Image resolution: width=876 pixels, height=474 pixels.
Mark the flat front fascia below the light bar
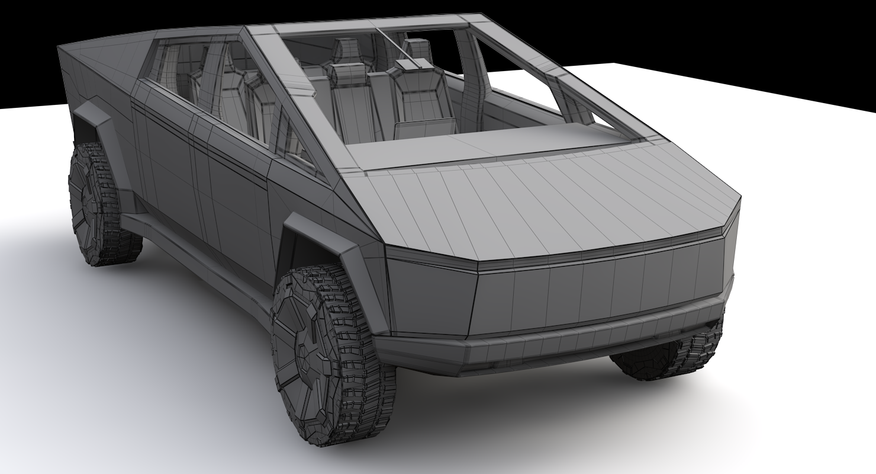[x=592, y=296]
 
